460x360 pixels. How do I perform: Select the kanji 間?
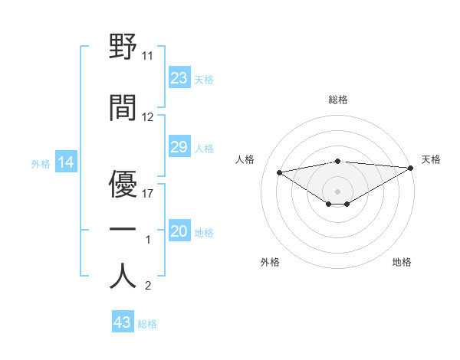(x=123, y=108)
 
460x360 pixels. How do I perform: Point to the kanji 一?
(x=123, y=229)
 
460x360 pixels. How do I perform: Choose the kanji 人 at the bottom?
(x=123, y=276)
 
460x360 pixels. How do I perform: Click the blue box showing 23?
(x=179, y=78)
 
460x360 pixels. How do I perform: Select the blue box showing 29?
(x=179, y=147)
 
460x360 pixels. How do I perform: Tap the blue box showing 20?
(x=179, y=232)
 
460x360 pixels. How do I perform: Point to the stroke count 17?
(x=148, y=193)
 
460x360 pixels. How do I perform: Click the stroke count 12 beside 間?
(x=148, y=117)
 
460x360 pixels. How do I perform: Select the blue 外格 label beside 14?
(x=41, y=162)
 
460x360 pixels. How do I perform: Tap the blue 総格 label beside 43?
(x=147, y=324)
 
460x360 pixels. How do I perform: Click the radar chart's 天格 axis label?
(x=431, y=159)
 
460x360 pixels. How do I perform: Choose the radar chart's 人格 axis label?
(x=245, y=159)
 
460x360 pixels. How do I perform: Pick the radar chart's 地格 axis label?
(x=402, y=263)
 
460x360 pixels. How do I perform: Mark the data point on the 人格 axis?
(x=279, y=172)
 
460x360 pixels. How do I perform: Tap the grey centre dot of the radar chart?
(x=337, y=190)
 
